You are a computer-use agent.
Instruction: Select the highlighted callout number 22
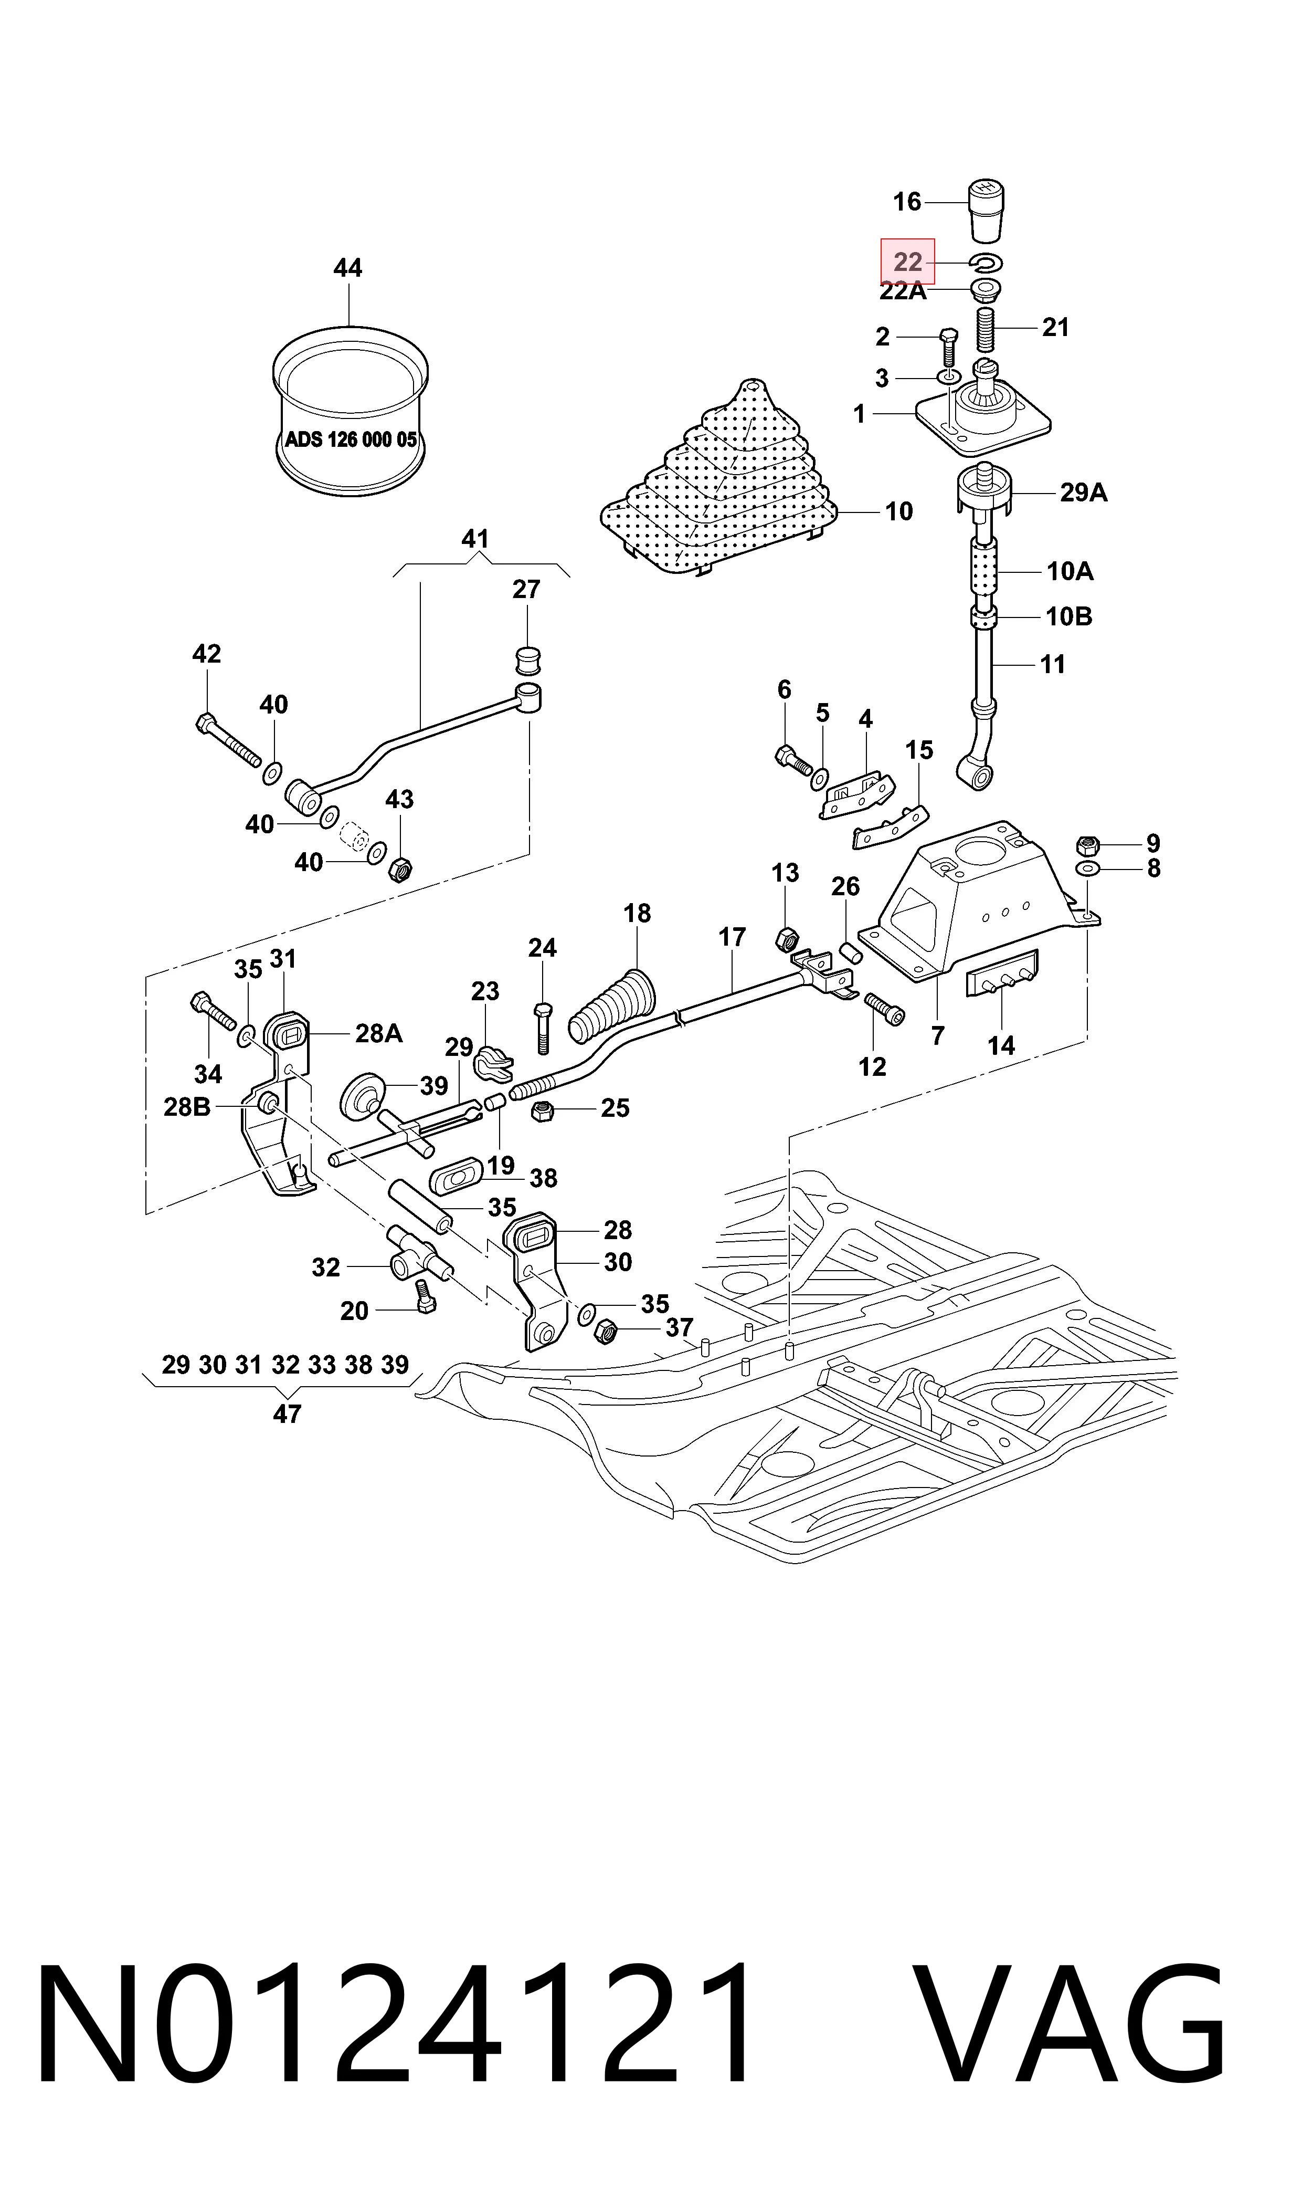point(908,261)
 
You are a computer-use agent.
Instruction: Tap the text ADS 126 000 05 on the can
point(351,439)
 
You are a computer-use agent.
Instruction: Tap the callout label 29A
point(1084,493)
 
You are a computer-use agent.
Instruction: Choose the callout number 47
point(287,1414)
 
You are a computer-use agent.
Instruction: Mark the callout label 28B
point(187,1108)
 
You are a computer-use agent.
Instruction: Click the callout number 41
point(474,539)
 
